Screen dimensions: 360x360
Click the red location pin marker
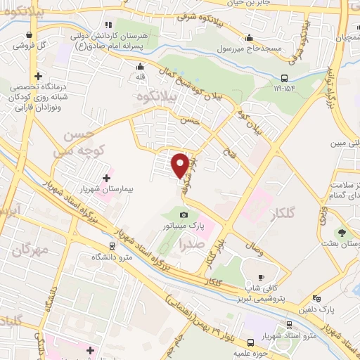180,165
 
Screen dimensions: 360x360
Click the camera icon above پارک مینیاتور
184,214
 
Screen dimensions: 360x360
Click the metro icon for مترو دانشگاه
112,246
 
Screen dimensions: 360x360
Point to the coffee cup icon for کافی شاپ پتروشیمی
262,277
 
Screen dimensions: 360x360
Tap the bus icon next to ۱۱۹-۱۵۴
284,78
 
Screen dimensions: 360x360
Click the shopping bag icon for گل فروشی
29,33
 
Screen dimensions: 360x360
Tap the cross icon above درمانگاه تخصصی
39,76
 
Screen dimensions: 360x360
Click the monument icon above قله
139,67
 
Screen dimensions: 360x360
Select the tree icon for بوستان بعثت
342,231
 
